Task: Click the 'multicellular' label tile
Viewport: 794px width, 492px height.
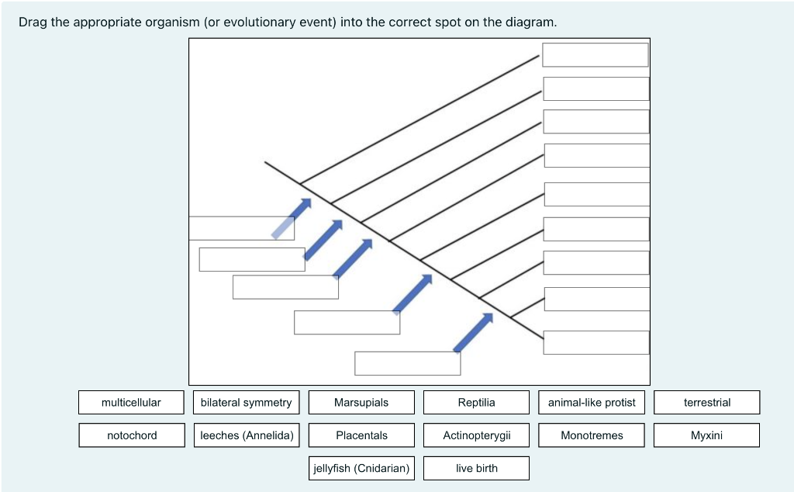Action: click(131, 402)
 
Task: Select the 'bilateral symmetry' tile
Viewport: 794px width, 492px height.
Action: click(246, 402)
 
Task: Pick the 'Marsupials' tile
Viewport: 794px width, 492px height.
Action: click(361, 402)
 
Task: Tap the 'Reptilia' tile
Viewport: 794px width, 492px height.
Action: click(476, 402)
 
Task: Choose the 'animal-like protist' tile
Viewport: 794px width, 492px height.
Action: click(592, 402)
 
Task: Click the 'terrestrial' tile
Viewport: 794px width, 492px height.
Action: click(706, 402)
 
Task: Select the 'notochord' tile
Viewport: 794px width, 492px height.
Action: click(132, 435)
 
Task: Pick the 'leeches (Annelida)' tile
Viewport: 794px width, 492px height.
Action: click(247, 435)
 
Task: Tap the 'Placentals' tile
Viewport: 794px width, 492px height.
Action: click(361, 435)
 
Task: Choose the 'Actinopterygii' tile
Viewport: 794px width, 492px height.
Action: click(476, 435)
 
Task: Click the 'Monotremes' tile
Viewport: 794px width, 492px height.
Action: click(592, 435)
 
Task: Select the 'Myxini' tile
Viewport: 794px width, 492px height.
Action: click(706, 435)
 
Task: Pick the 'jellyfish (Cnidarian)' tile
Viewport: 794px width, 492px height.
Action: click(361, 468)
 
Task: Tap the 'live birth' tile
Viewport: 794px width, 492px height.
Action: click(476, 468)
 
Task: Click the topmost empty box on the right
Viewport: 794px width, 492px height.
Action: click(595, 55)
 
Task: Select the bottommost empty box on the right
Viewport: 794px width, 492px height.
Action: click(596, 342)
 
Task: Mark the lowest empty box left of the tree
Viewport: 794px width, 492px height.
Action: click(408, 363)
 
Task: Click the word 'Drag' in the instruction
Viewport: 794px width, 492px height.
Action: click(33, 22)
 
